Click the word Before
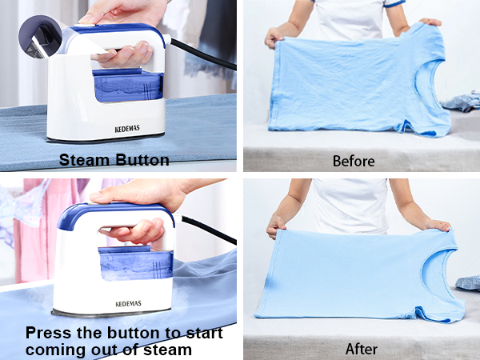pyautogui.click(x=353, y=161)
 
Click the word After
pyautogui.click(x=361, y=349)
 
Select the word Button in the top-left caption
pyautogui.click(x=142, y=160)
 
